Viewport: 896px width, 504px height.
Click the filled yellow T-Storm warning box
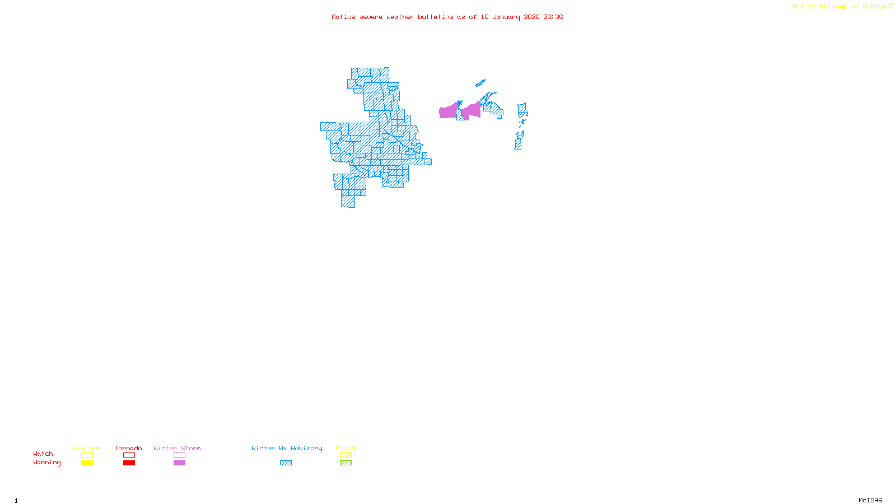87,463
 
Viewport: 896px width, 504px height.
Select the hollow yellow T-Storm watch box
87,455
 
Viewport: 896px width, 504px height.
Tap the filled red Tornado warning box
129,463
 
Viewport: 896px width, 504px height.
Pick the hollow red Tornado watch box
129,455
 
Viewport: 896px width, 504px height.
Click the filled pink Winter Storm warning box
179,463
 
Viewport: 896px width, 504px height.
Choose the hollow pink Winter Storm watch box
179,455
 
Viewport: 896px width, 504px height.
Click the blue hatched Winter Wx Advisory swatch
286,463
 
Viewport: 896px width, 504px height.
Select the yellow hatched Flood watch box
346,455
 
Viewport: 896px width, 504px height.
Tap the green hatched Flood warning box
346,463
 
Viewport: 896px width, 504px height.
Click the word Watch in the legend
43,454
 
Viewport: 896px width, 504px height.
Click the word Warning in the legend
46,463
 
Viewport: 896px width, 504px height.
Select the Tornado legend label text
128,448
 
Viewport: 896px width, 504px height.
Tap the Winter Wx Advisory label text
287,448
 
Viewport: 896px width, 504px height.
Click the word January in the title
506,17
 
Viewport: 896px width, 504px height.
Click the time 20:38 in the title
553,17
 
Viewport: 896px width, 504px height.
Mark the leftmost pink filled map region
447,111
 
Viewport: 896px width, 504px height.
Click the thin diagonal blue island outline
480,83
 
